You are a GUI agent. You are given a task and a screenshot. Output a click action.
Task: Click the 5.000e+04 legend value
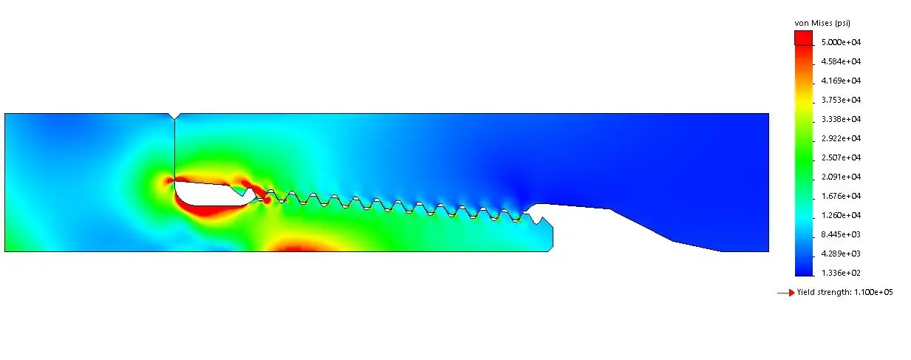point(841,42)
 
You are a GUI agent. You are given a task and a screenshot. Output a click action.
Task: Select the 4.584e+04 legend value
point(841,61)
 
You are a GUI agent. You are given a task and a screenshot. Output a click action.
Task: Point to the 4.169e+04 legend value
point(841,81)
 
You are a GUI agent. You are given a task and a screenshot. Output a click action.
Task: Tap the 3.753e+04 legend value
point(841,100)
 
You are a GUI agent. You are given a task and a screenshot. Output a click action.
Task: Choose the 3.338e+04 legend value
point(841,119)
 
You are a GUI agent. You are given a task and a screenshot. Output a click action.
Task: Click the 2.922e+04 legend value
point(841,138)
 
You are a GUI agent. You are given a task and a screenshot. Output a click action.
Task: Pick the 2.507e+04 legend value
point(841,157)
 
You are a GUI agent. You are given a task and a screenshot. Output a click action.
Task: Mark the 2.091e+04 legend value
point(841,177)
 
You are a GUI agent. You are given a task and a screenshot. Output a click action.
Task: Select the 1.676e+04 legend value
point(841,196)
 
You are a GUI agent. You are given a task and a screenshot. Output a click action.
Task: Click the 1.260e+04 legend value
point(841,215)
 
